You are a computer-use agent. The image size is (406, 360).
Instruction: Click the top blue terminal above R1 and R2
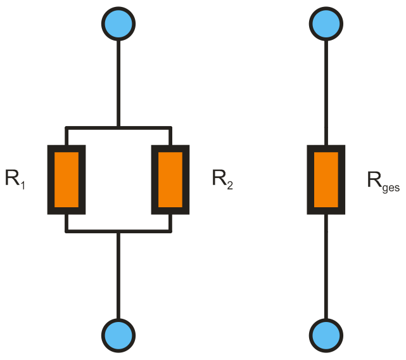[x=118, y=24]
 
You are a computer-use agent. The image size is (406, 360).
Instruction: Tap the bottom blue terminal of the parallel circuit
[x=118, y=333]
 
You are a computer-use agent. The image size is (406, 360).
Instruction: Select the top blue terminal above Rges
[x=326, y=24]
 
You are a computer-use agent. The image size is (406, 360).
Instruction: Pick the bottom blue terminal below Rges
[x=326, y=333]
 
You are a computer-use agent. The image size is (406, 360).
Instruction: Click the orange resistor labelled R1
[x=67, y=179]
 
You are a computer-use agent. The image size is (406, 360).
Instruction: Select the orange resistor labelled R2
[x=170, y=179]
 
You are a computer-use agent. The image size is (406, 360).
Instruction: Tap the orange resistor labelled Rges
[x=326, y=179]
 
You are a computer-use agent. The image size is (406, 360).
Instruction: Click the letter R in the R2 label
[x=219, y=179]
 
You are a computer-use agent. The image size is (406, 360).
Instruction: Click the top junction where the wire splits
[x=118, y=127]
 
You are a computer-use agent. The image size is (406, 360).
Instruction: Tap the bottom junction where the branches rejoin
[x=118, y=231]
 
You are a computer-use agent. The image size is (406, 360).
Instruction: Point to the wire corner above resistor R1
[x=67, y=127]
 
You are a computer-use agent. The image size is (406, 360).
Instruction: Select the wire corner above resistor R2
[x=170, y=127]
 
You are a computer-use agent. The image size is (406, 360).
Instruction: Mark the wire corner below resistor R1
[x=67, y=231]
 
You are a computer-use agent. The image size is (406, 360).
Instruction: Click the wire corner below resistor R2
[x=170, y=231]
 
